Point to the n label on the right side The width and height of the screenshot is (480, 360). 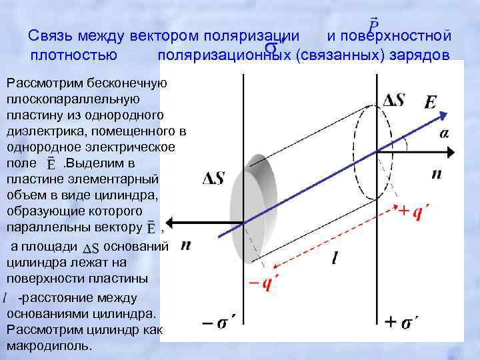tap(437, 174)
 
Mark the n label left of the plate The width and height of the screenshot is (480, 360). tap(186, 245)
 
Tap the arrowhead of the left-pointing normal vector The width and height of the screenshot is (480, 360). tap(169, 223)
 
